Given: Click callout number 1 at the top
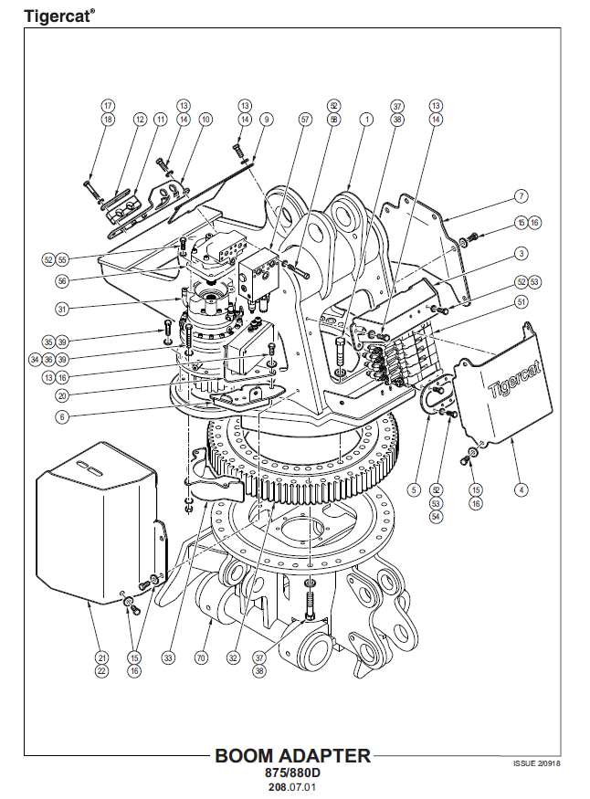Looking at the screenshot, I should (366, 119).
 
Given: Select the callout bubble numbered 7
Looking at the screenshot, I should (521, 196).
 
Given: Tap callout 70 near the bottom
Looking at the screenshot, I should (201, 657).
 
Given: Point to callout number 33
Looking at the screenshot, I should (168, 657).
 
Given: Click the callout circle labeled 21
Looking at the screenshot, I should (102, 657).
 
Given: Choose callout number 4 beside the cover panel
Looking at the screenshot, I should (522, 490).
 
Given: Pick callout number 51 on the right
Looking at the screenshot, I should (522, 301).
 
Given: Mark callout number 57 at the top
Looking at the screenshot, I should (305, 119).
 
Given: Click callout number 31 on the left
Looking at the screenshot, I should (62, 309).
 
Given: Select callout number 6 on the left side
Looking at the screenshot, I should (62, 415).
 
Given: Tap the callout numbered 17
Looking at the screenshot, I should (108, 105).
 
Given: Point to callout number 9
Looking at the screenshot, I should (266, 119).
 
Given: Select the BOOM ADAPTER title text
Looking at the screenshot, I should (292, 755).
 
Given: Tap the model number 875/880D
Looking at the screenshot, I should (292, 773).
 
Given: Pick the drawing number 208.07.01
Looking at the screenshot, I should (292, 785).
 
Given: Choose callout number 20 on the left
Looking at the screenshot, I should (62, 396).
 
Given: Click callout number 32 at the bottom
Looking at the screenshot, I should (234, 657).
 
